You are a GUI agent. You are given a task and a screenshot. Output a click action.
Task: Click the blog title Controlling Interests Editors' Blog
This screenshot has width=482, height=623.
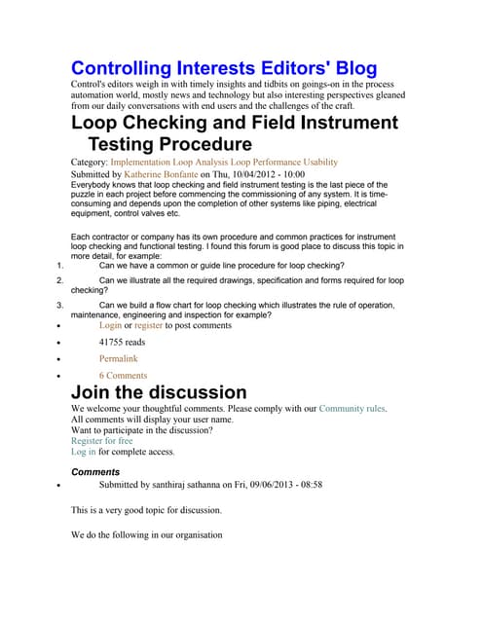click(x=224, y=69)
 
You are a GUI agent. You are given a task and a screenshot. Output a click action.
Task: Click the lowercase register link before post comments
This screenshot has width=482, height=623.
click(x=148, y=325)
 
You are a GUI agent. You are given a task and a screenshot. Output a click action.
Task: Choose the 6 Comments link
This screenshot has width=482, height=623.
click(x=123, y=376)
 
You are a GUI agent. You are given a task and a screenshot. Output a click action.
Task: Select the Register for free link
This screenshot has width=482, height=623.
click(x=102, y=441)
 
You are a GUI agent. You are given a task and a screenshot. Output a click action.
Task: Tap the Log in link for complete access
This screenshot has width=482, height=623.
click(x=84, y=453)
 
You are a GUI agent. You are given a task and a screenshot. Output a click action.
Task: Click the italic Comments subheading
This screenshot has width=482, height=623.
click(x=96, y=472)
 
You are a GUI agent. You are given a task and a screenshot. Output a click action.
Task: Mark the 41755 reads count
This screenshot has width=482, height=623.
click(x=123, y=343)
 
